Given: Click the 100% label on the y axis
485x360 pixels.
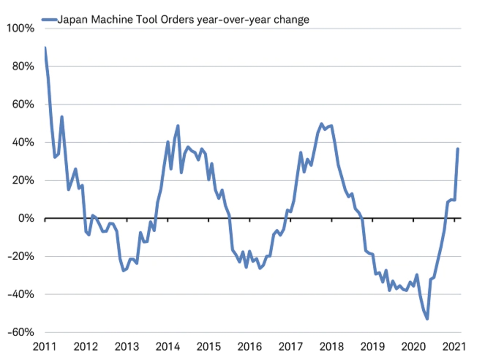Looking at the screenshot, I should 21,28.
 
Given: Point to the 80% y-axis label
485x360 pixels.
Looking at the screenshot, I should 23,66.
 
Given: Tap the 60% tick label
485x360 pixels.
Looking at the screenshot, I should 23,104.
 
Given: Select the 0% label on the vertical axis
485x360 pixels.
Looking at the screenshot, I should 26,218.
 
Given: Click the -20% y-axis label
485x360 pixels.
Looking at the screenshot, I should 21,256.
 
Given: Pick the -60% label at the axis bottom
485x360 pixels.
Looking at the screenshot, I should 21,332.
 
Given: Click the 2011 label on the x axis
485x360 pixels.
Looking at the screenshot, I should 45,346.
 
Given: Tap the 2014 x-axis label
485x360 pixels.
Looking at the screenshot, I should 168,346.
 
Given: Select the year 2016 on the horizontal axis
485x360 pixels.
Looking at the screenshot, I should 249,346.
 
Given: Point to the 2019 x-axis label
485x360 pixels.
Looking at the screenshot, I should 372,346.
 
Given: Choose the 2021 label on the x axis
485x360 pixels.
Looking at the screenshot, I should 454,346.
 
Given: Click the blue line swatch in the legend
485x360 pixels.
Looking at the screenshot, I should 49,20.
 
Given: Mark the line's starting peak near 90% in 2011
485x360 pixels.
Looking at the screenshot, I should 45,48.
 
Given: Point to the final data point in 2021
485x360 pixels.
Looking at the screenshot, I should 458,149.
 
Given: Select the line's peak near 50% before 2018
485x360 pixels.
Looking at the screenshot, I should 321,124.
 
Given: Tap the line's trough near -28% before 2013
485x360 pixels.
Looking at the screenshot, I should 123,271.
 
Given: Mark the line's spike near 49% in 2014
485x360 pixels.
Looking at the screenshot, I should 178,126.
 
